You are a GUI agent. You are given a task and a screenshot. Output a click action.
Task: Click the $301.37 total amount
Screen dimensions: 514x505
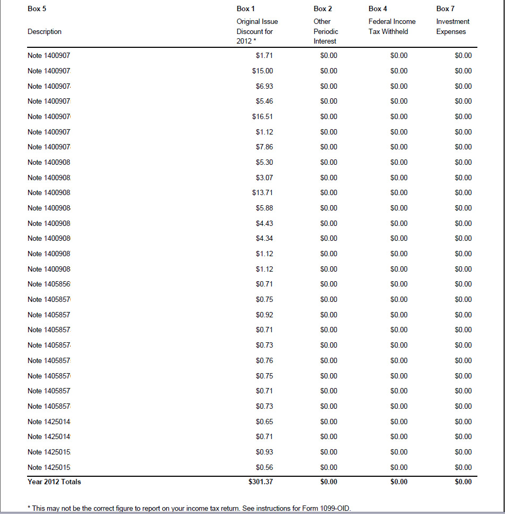tap(260, 482)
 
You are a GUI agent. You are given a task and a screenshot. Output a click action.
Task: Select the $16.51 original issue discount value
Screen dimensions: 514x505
tap(262, 116)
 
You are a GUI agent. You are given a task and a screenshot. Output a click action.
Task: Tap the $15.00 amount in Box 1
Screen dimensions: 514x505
tap(262, 71)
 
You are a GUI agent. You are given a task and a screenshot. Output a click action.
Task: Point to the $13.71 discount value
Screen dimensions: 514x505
tap(262, 192)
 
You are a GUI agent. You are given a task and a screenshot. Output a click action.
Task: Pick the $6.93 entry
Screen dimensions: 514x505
tap(264, 86)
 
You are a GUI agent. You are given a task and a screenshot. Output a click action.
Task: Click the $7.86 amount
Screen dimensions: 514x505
tap(264, 147)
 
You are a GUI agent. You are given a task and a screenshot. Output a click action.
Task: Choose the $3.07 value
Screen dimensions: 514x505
tap(264, 178)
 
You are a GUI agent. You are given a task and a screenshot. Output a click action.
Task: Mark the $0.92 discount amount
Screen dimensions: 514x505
tap(264, 315)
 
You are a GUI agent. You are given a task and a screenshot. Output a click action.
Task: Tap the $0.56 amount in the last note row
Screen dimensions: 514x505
tap(264, 467)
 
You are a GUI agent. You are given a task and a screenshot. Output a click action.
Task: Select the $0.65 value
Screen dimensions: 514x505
tap(264, 422)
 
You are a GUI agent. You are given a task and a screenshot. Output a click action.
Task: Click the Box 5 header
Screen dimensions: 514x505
tap(36, 9)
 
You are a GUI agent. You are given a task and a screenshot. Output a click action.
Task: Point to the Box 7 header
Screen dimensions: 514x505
tap(446, 9)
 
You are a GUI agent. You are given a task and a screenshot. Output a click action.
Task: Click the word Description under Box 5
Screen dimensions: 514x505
tap(44, 31)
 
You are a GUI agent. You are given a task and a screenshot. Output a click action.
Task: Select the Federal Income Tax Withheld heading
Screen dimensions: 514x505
tap(392, 27)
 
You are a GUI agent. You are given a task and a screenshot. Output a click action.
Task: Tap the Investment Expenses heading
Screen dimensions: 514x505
tap(452, 27)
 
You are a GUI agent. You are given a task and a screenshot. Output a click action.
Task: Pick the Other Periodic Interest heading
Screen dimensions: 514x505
tap(326, 31)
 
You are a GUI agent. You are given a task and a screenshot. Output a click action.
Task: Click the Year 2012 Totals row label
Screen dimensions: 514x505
tap(54, 482)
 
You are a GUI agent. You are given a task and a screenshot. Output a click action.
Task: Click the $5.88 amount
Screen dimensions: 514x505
tap(264, 208)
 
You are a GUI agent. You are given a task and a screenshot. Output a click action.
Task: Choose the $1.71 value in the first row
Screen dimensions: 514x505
tap(264, 55)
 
